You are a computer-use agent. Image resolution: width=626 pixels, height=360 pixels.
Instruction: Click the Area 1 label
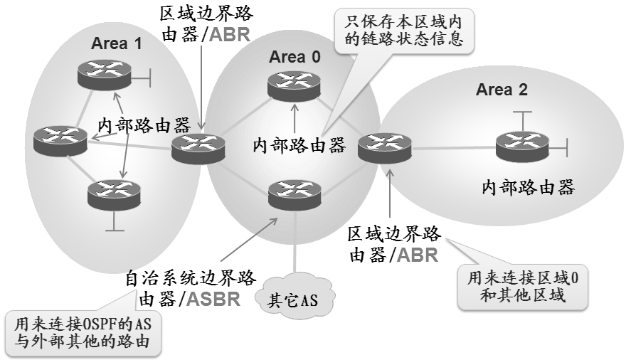point(117,43)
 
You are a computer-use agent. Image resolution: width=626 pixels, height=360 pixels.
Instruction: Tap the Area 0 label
point(295,57)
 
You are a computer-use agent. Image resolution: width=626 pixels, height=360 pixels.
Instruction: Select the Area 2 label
point(502,90)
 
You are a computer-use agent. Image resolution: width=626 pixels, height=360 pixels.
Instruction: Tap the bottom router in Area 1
point(113,194)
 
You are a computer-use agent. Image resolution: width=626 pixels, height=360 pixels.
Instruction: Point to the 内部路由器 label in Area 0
point(299,145)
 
